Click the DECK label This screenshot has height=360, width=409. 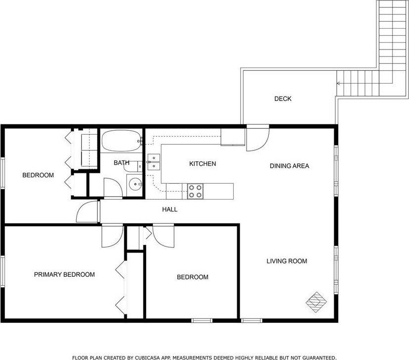click(x=283, y=99)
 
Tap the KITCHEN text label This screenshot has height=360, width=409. click(x=203, y=163)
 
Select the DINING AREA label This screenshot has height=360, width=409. click(x=289, y=166)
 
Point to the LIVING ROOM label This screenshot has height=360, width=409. click(x=287, y=261)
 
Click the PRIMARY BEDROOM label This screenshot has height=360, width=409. click(x=64, y=274)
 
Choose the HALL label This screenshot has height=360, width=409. click(x=170, y=209)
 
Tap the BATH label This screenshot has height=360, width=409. click(x=121, y=163)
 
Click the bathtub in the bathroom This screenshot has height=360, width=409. click(x=121, y=141)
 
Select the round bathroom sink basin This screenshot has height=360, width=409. click(x=135, y=185)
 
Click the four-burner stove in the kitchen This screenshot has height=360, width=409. click(x=196, y=191)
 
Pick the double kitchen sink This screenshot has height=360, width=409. click(x=153, y=162)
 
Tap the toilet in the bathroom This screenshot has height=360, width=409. click(x=133, y=167)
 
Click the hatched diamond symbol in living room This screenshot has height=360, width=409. click(x=316, y=303)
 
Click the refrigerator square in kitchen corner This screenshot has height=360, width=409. click(x=233, y=137)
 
